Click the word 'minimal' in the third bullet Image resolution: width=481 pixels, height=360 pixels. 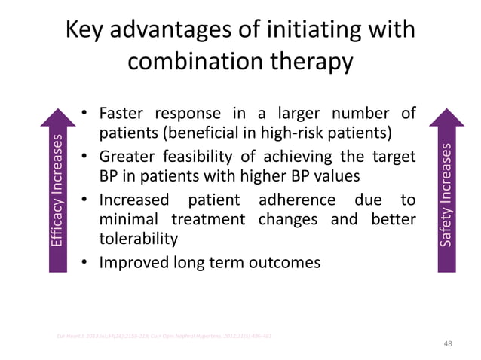[129, 219]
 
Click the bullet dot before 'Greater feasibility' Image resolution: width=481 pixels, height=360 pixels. [86, 157]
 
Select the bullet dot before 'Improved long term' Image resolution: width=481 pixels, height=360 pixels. [86, 262]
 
